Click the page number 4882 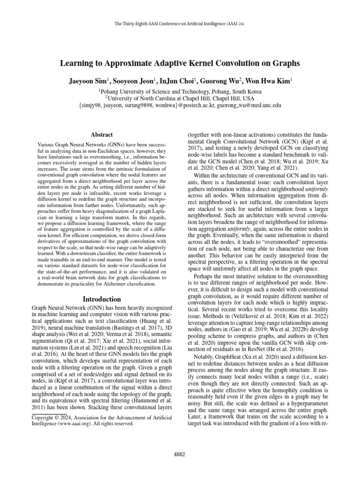(x=180, y=454)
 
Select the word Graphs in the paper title (x=284, y=63)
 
